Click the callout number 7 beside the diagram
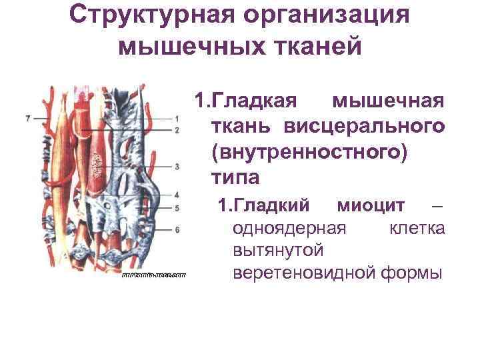tap(27, 118)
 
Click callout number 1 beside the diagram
tap(177, 119)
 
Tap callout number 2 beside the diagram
tap(177, 130)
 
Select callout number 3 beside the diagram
tap(177, 167)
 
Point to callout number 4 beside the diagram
tap(177, 195)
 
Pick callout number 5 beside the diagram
tap(177, 208)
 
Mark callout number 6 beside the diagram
tap(177, 230)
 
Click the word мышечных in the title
tap(189, 46)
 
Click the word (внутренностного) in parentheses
tap(308, 152)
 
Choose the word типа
tap(235, 178)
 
